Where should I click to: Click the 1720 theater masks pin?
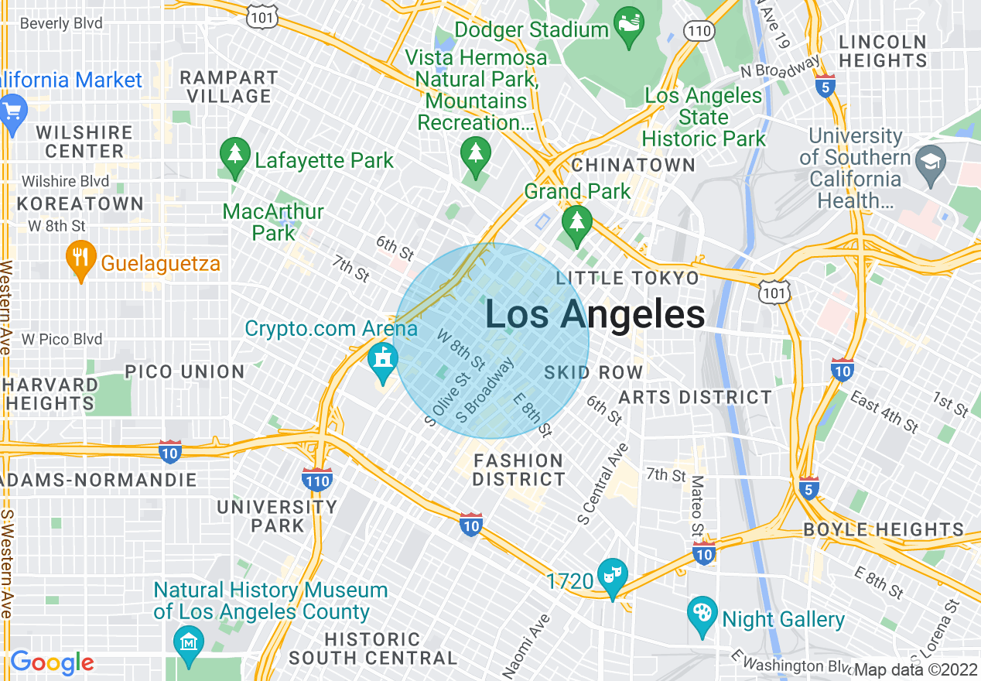pos(612,576)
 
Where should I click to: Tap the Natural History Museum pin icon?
pos(188,642)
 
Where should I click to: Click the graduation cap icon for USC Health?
pos(928,163)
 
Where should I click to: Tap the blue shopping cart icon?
pos(12,110)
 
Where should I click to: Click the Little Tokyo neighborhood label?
pos(627,278)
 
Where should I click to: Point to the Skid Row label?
pos(593,372)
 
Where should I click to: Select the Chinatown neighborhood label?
pos(634,165)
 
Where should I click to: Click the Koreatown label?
pos(80,204)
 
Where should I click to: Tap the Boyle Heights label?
pos(884,530)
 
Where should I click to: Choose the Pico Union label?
pos(185,371)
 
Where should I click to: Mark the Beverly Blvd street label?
pos(61,23)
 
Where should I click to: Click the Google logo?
pos(52,662)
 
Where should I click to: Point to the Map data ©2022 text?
pos(916,669)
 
